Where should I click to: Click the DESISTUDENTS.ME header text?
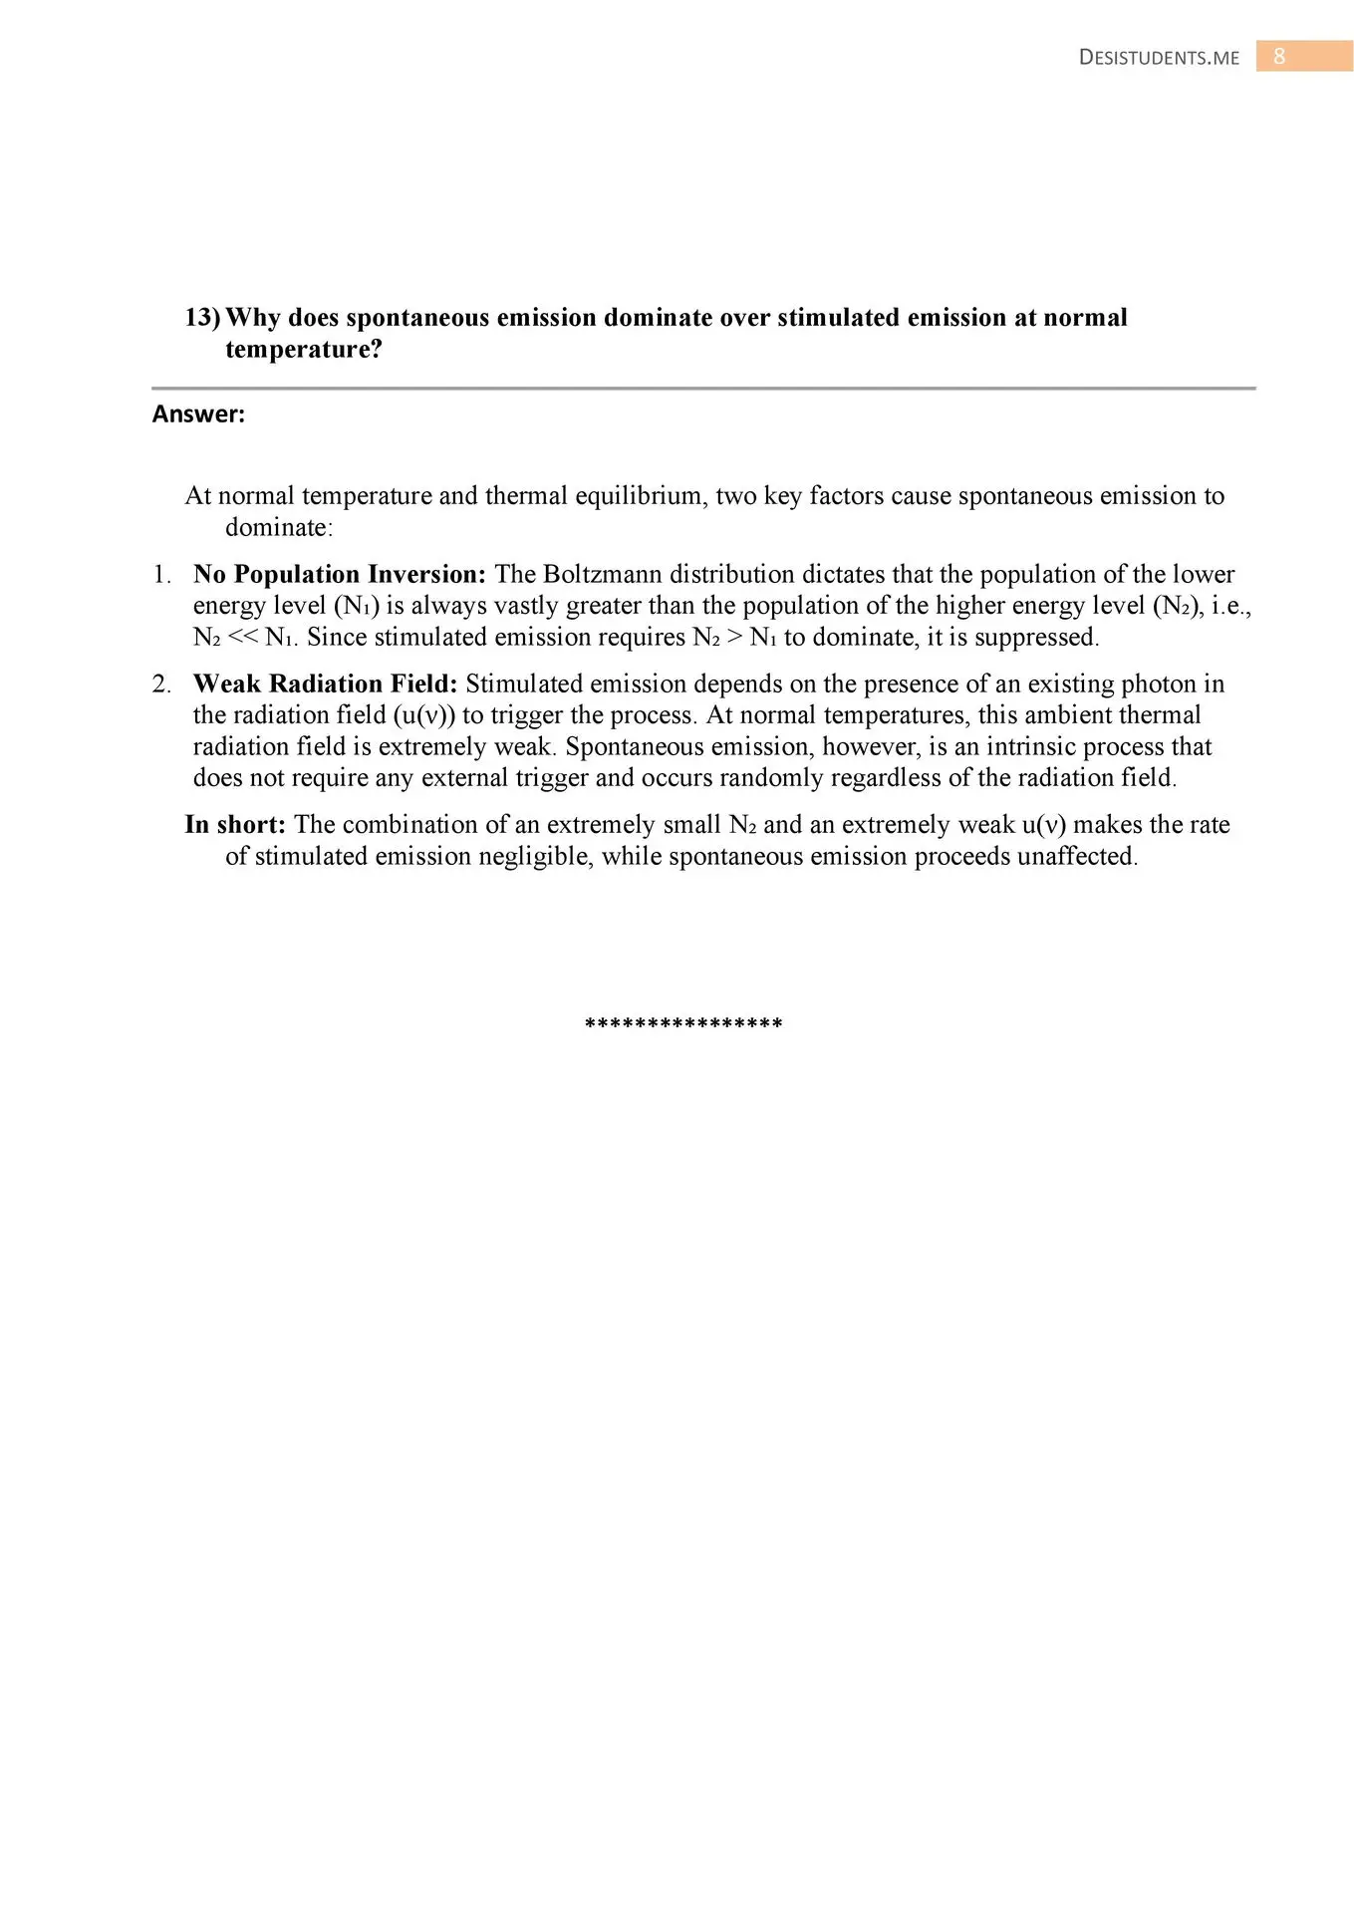point(1159,58)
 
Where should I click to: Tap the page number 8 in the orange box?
point(1279,57)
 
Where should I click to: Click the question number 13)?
point(202,318)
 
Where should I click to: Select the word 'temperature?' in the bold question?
point(304,350)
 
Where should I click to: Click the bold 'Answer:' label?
point(198,414)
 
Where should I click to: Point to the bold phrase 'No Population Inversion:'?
point(339,575)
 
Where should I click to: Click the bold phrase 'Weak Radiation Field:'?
point(325,684)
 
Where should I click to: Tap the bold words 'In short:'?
point(235,825)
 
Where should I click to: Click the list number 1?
point(161,575)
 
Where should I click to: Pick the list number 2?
point(161,684)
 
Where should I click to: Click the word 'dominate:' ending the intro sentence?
point(279,528)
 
